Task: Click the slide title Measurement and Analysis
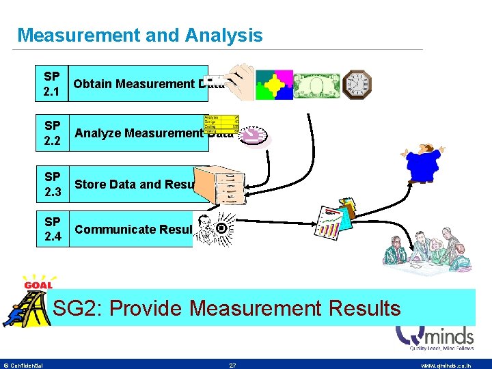click(x=139, y=36)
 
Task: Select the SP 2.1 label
click(x=51, y=83)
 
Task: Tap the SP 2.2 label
click(x=52, y=133)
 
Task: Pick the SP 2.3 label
click(x=52, y=184)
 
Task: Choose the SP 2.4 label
click(x=52, y=229)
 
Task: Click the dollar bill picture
click(x=316, y=85)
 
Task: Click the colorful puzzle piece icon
click(x=273, y=85)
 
